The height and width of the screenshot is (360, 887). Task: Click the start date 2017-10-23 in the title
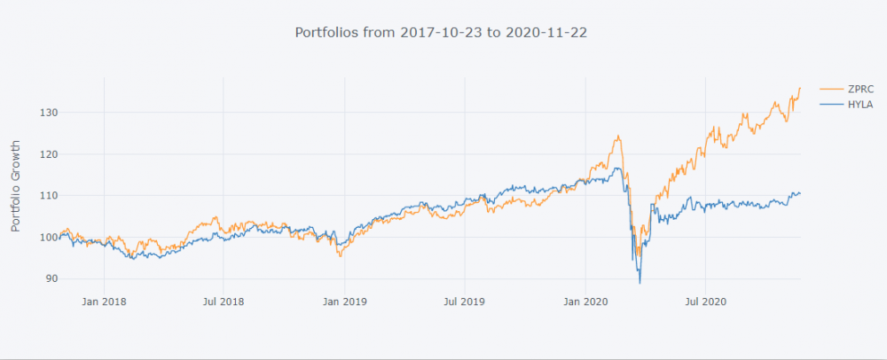click(436, 32)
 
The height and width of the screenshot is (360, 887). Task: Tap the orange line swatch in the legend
click(831, 89)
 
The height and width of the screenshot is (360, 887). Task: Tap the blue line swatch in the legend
click(831, 105)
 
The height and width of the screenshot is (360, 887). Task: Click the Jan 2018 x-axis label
click(104, 301)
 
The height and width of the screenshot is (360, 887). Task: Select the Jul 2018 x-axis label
click(223, 301)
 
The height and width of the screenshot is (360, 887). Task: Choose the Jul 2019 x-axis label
click(464, 301)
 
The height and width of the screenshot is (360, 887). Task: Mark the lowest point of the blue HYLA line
click(640, 283)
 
